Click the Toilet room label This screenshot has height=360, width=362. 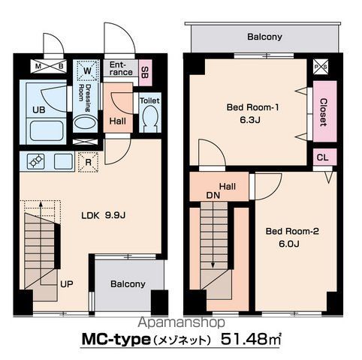tap(149, 100)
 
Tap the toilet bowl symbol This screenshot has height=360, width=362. tap(150, 118)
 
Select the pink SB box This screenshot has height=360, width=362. tap(145, 73)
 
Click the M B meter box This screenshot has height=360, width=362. tap(49, 66)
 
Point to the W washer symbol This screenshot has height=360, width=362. tap(87, 70)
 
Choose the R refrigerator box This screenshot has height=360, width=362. tap(88, 162)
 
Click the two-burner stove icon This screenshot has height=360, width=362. tap(36, 161)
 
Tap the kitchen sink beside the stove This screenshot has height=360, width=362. tap(64, 161)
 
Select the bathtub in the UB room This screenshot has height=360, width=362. tap(47, 130)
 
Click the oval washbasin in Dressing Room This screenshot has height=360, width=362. tap(85, 122)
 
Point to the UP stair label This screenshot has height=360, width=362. tap(67, 284)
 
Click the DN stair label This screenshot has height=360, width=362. tap(213, 196)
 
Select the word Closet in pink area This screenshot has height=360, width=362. tap(324, 112)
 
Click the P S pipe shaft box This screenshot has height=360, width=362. tap(321, 67)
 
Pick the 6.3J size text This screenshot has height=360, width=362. tap(250, 120)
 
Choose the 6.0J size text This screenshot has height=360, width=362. tap(289, 244)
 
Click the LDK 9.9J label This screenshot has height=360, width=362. tap(103, 215)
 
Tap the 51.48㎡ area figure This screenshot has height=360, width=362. tap(251, 339)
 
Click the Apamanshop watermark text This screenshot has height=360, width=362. tap(181, 322)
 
